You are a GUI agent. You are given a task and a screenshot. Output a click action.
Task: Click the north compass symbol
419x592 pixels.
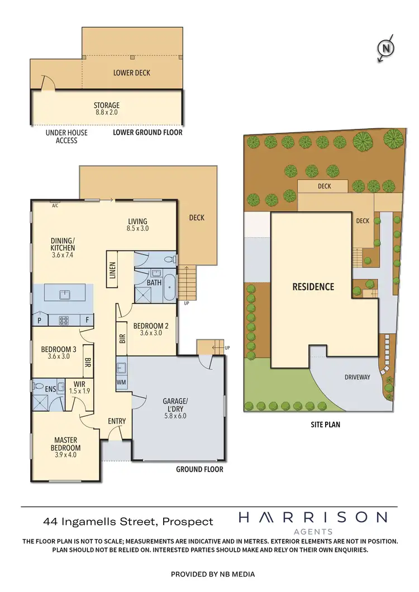(x=385, y=49)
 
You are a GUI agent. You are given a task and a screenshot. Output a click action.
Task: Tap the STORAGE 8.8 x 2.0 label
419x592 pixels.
(x=106, y=108)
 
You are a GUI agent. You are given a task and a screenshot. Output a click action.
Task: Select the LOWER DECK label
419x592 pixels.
(x=132, y=73)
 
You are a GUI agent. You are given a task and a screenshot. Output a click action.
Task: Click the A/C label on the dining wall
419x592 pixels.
(x=55, y=205)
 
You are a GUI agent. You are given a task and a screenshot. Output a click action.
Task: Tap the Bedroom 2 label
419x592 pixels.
(x=147, y=329)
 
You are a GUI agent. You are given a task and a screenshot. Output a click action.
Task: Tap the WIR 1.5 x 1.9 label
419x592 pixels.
(x=78, y=387)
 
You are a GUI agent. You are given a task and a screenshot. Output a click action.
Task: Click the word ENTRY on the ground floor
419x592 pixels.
(x=117, y=421)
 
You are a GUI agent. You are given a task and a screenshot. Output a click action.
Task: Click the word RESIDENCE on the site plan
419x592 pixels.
(x=313, y=287)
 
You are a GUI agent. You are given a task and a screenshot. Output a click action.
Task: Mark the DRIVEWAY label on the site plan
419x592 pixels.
(x=357, y=377)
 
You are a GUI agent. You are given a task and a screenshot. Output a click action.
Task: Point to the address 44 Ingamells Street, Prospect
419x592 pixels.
(x=128, y=522)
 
